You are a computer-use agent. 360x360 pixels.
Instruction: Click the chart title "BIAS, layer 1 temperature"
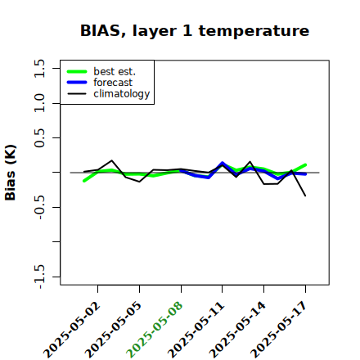pos(195,31)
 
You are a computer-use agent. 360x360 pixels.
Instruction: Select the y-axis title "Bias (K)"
pos(11,173)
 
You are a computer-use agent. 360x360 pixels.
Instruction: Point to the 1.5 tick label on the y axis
pos(39,68)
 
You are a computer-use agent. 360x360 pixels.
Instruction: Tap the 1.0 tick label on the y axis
pos(39,103)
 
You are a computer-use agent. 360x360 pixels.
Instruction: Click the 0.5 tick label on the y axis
pos(39,138)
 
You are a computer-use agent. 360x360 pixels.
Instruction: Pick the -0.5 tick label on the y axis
pos(39,208)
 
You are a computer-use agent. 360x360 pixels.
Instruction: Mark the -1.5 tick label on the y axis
pos(39,277)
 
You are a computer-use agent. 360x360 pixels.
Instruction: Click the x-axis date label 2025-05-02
pos(72,330)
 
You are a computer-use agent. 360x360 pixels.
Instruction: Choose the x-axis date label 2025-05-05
pos(114,330)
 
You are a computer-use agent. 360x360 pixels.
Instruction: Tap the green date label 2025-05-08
pos(155,330)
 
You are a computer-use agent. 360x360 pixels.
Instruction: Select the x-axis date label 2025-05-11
pos(196,330)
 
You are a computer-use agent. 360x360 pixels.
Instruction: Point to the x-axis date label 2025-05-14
pos(238,330)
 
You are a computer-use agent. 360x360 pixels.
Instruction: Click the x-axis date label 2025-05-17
pos(279,330)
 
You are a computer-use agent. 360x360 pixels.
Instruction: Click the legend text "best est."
pos(115,71)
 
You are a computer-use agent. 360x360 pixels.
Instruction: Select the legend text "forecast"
pos(113,83)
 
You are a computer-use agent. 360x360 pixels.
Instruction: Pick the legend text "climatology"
pos(122,94)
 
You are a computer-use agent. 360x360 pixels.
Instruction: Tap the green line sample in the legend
pos(77,71)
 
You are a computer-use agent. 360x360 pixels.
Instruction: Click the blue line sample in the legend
pos(77,83)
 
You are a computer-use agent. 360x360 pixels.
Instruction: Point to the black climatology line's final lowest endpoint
pos(305,196)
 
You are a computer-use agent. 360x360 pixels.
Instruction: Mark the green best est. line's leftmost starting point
pos(84,181)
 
